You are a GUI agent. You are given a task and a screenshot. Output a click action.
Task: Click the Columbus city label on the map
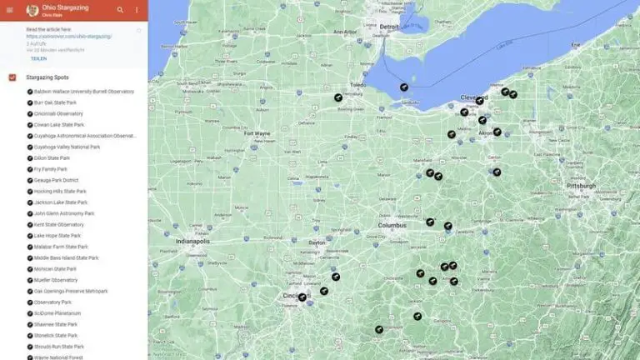tap(392, 225)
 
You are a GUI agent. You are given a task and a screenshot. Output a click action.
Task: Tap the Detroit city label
tap(389, 27)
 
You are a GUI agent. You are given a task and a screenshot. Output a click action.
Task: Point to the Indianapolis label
tap(193, 241)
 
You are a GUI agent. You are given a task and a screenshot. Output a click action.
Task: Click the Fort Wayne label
tap(257, 132)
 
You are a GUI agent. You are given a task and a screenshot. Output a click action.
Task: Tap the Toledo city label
tap(358, 85)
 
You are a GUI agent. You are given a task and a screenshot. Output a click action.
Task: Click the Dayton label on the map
tap(317, 242)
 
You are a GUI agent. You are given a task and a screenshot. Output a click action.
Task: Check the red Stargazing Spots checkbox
tap(12, 77)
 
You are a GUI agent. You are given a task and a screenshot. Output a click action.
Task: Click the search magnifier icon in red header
tap(120, 10)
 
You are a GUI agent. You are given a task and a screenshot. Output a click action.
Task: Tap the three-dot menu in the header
tap(137, 10)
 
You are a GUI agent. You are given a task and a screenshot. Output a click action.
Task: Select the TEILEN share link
tap(38, 59)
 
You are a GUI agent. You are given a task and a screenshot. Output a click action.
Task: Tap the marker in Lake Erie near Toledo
tap(403, 86)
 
